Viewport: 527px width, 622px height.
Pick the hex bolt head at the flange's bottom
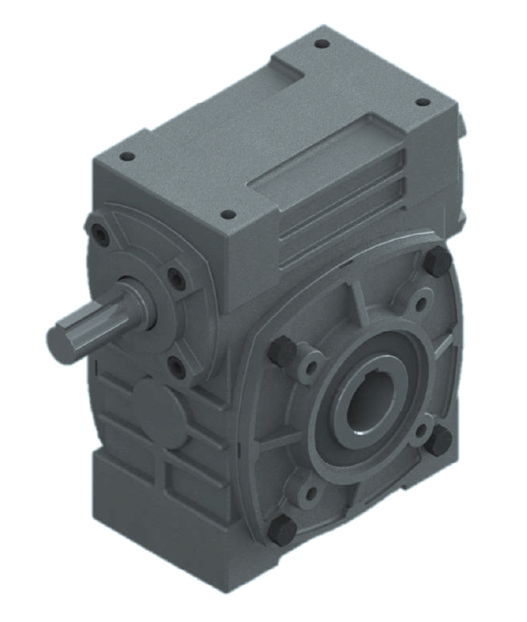(x=282, y=530)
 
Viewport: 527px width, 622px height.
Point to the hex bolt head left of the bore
(x=283, y=352)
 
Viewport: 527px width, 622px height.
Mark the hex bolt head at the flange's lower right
(x=438, y=440)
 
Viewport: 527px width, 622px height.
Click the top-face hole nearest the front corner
(x=228, y=214)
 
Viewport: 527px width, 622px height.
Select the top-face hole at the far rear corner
(x=322, y=43)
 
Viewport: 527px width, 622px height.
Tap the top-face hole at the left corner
(x=127, y=156)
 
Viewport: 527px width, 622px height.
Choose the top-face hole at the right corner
(x=422, y=102)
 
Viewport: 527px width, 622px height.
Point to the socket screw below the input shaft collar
(x=177, y=367)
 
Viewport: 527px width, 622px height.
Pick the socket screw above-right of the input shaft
(x=177, y=280)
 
